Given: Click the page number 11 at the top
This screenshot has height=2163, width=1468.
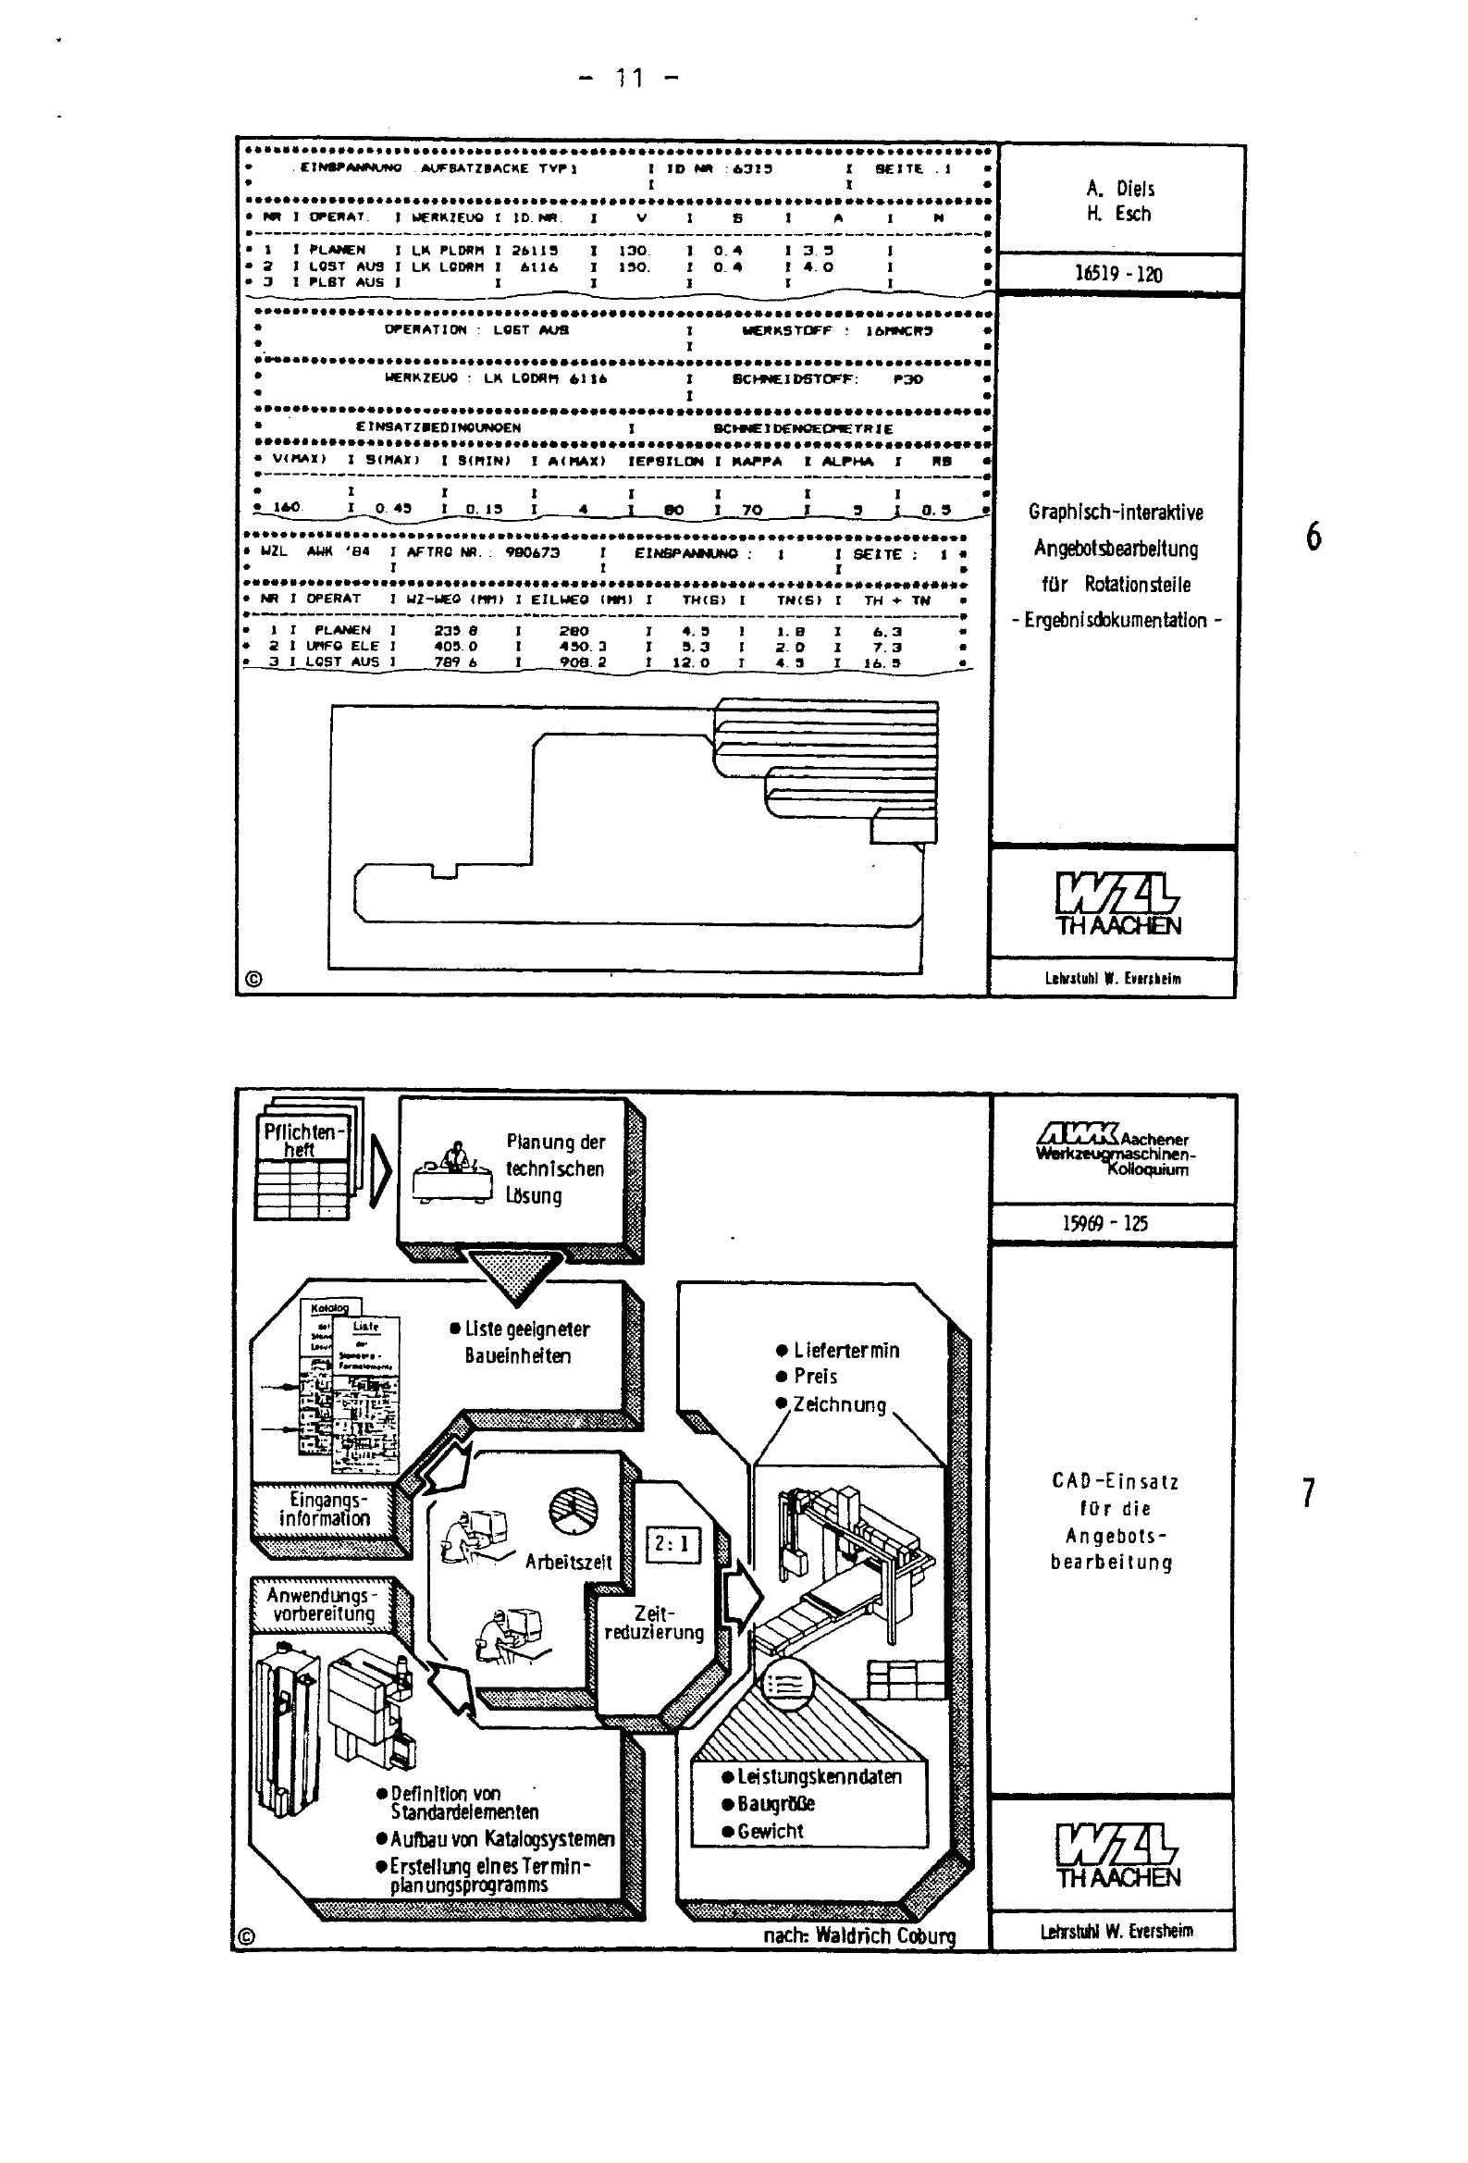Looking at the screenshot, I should click(x=629, y=79).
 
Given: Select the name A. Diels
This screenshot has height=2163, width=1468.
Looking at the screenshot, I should click(x=1120, y=188).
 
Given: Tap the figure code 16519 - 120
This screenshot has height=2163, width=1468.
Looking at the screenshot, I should click(x=1118, y=274).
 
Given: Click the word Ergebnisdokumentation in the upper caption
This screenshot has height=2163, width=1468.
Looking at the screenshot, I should click(x=1116, y=620).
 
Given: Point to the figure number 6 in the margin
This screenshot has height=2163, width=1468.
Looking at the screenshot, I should click(x=1313, y=536).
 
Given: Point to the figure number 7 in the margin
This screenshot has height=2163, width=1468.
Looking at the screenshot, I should click(x=1308, y=1492).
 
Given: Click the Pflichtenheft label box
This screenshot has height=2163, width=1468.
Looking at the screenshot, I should click(x=301, y=1140).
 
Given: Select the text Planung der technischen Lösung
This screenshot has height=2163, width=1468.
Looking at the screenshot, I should click(x=555, y=1168).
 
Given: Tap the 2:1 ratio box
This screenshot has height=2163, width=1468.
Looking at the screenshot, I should click(x=672, y=1544).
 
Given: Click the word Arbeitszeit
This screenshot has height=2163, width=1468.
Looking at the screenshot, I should click(x=568, y=1562).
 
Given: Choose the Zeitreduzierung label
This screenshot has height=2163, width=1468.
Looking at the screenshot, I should click(x=653, y=1624).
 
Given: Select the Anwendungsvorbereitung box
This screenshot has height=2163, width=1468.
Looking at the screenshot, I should click(x=322, y=1604).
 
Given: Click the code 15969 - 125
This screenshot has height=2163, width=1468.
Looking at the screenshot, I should click(x=1104, y=1223).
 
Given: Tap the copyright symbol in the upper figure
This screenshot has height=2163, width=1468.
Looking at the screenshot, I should click(x=253, y=978).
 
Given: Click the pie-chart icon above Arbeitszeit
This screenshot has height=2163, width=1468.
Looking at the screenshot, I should click(x=574, y=1510).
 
